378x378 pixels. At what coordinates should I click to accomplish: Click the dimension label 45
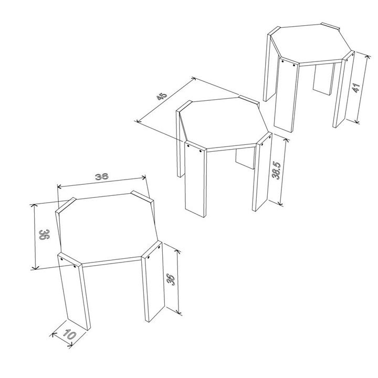pos(162,96)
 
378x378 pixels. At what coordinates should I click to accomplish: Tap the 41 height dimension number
pos(356,88)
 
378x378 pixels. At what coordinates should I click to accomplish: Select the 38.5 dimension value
pos(276,170)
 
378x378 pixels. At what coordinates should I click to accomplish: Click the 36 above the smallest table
pos(101,177)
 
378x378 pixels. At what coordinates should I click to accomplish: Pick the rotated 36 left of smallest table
pos(44,235)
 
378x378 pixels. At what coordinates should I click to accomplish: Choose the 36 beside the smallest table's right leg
pos(171,279)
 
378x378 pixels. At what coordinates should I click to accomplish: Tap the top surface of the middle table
pos(224,123)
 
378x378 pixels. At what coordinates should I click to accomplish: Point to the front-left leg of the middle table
pos(195,179)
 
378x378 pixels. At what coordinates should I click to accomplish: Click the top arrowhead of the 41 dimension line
pos(367,57)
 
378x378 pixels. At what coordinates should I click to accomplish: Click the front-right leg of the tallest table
pos(343,89)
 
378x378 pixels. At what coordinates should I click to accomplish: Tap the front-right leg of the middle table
pos(262,172)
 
